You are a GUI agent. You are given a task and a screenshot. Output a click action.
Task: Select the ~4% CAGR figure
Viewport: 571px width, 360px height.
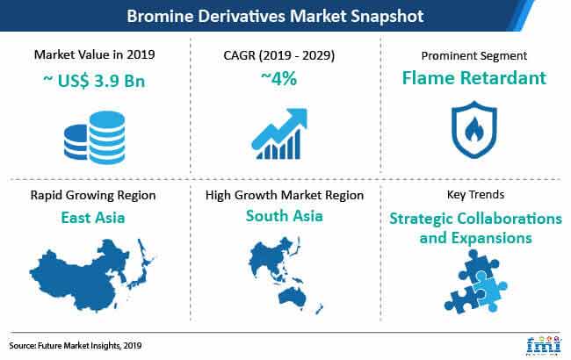pyautogui.click(x=279, y=78)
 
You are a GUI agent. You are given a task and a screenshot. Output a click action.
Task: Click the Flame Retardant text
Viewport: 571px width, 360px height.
pyautogui.click(x=474, y=77)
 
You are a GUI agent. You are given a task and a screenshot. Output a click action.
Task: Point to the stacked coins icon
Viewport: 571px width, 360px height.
pyautogui.click(x=94, y=137)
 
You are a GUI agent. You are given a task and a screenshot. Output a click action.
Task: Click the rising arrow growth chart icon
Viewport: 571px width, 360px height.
pyautogui.click(x=279, y=133)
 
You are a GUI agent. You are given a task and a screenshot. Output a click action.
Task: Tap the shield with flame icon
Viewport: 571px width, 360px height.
pyautogui.click(x=473, y=130)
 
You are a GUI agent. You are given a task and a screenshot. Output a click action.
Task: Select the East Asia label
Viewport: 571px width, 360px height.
pyautogui.click(x=93, y=218)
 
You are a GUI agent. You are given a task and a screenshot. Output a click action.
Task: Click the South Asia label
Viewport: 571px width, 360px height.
pyautogui.click(x=285, y=216)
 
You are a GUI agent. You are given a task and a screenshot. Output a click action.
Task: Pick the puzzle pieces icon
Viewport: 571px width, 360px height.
pyautogui.click(x=475, y=282)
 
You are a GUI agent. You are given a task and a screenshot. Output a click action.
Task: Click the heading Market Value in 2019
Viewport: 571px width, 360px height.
pyautogui.click(x=94, y=54)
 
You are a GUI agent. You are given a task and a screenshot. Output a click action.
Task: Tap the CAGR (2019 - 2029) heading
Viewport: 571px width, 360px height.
pyautogui.click(x=279, y=55)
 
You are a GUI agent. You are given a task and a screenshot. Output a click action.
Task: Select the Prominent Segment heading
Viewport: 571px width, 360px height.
pyautogui.click(x=474, y=55)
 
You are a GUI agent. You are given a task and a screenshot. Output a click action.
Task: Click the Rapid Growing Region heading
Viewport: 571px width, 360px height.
pyautogui.click(x=93, y=195)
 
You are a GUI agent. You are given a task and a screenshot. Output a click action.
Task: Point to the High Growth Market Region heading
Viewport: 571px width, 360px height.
pyautogui.click(x=285, y=195)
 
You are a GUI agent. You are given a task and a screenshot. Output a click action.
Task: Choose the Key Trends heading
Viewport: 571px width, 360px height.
pyautogui.click(x=475, y=194)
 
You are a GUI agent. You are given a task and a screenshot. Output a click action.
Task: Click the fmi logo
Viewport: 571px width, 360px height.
pyautogui.click(x=543, y=345)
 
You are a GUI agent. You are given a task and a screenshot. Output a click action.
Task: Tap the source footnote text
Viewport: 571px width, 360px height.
pyautogui.click(x=76, y=345)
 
